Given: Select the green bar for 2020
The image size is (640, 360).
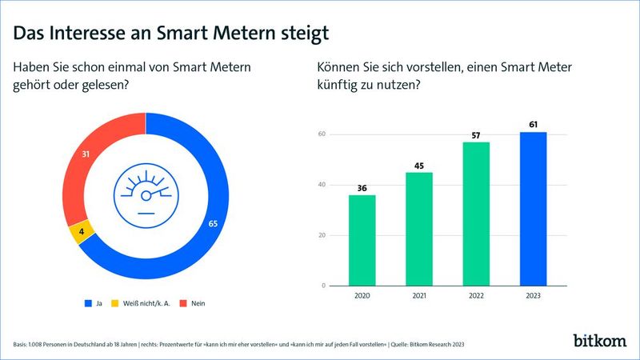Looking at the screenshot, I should pos(362,240).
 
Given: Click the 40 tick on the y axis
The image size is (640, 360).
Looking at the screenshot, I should pos(322,185).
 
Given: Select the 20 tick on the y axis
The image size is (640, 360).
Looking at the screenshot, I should pos(322,235).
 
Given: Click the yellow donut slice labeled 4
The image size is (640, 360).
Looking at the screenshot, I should pos(82,233).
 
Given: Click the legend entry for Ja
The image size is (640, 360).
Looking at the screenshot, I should pos(94,304).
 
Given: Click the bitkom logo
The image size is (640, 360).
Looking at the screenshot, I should pos(600,340).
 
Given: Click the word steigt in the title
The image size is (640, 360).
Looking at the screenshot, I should pos(298,34).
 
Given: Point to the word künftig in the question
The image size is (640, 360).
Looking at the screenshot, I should pos(339,86).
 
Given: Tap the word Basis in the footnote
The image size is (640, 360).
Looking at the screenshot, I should pos(22,344).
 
